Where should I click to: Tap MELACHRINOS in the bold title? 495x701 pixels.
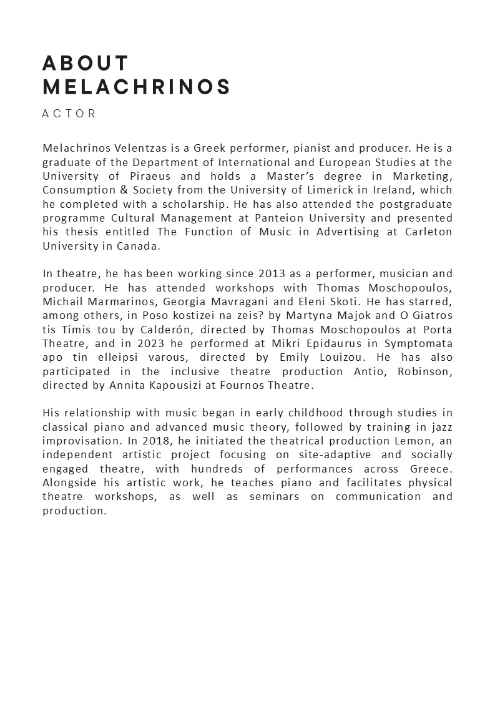tap(137, 87)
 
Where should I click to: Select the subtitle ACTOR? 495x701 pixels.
tap(69, 114)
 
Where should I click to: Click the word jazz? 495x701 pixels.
tap(440, 427)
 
